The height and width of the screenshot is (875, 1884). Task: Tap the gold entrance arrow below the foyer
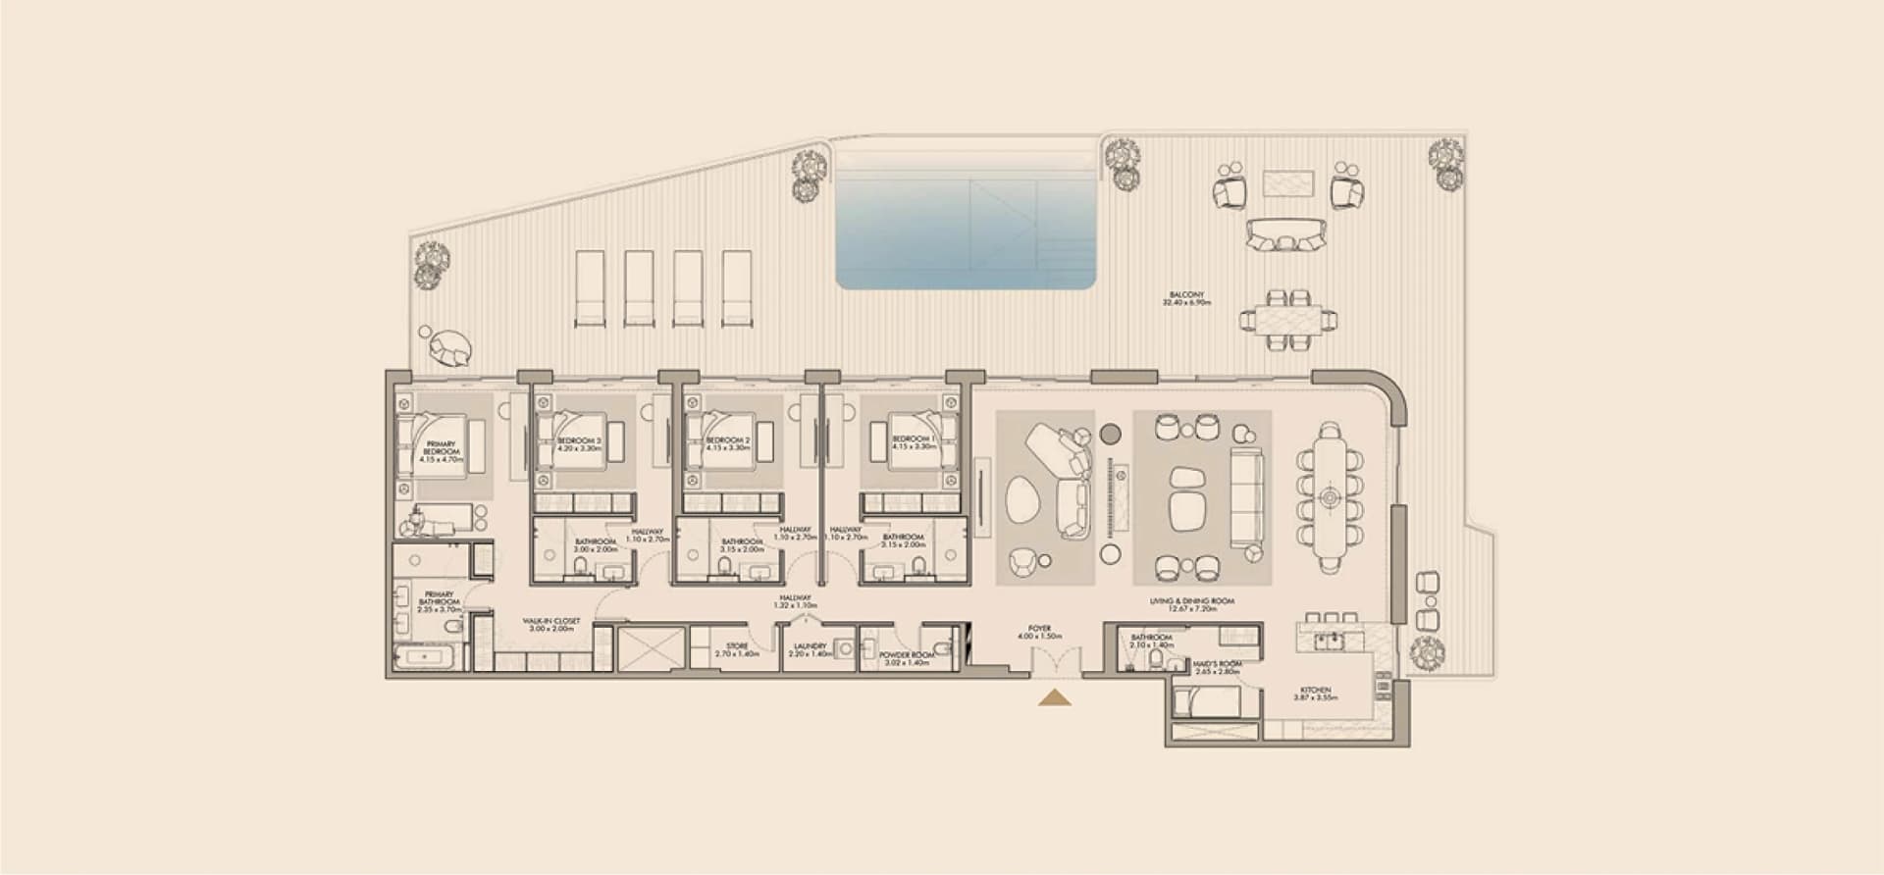pyautogui.click(x=1055, y=697)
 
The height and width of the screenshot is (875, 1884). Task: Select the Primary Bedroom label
pyautogui.click(x=441, y=451)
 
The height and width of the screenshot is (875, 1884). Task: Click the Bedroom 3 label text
pyautogui.click(x=579, y=443)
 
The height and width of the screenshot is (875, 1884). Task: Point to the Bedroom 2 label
pyautogui.click(x=728, y=443)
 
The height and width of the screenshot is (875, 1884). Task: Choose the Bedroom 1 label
pyautogui.click(x=911, y=443)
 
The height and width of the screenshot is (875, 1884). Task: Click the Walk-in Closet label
pyautogui.click(x=550, y=625)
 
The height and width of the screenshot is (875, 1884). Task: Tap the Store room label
pyautogui.click(x=737, y=649)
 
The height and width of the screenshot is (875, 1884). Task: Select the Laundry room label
pyautogui.click(x=810, y=649)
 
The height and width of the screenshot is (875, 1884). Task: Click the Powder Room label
pyautogui.click(x=906, y=658)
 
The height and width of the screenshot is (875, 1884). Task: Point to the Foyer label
pyautogui.click(x=1039, y=632)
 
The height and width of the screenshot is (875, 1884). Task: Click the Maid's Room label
pyautogui.click(x=1218, y=667)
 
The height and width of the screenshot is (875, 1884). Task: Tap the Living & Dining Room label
pyautogui.click(x=1191, y=604)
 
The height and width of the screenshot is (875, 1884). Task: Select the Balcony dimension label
pyautogui.click(x=1186, y=298)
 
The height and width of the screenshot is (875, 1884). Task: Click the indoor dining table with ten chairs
pyautogui.click(x=1330, y=497)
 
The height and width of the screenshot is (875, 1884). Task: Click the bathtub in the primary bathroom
pyautogui.click(x=424, y=656)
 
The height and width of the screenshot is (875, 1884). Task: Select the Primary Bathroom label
pyautogui.click(x=439, y=601)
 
